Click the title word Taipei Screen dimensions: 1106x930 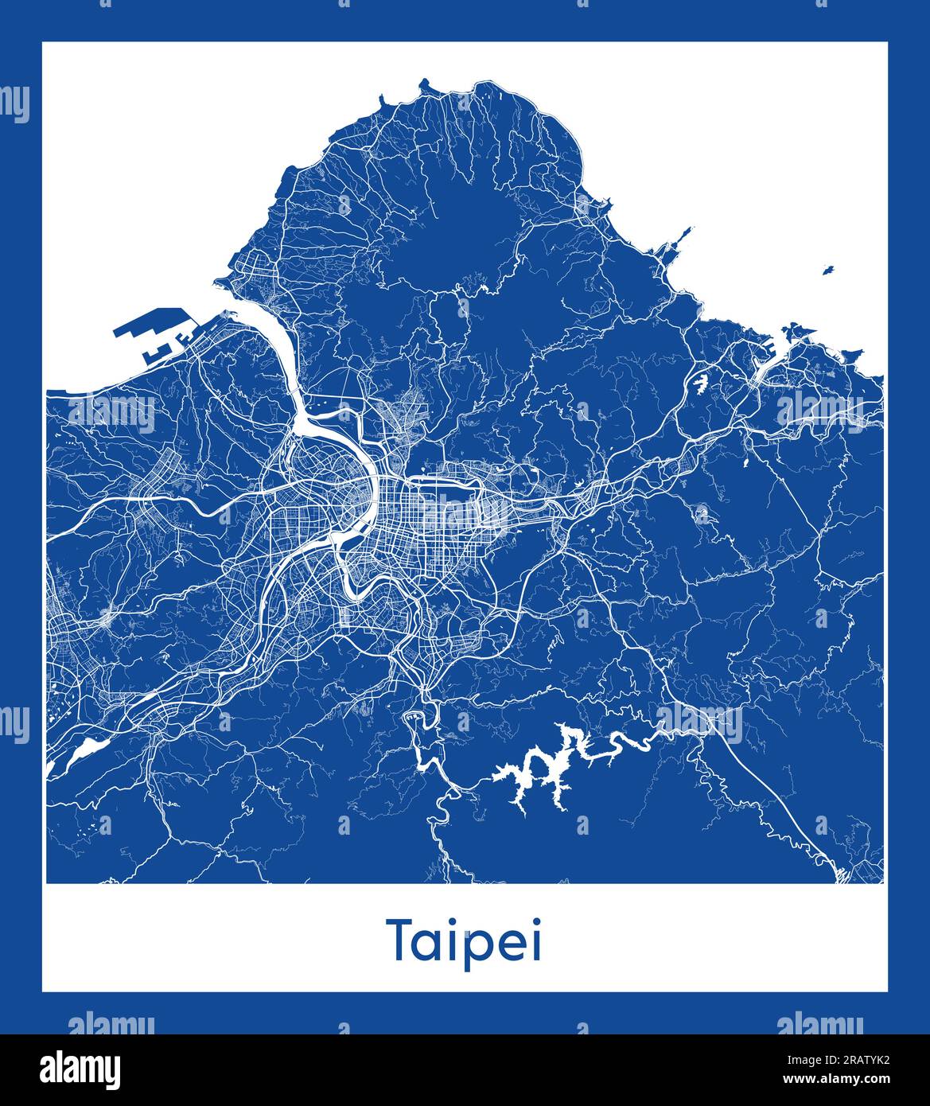click(465, 941)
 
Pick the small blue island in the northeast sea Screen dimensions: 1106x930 click(827, 270)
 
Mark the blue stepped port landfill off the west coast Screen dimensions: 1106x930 click(151, 334)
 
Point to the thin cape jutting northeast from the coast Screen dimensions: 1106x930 click(681, 236)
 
